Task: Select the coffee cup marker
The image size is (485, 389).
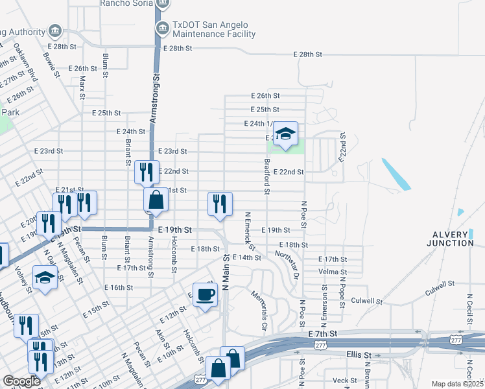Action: click(206, 295)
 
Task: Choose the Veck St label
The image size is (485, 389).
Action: click(344, 381)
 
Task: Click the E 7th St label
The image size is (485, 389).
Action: click(324, 333)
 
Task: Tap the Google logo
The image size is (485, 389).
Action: click(21, 382)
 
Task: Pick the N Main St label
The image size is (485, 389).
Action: click(226, 273)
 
